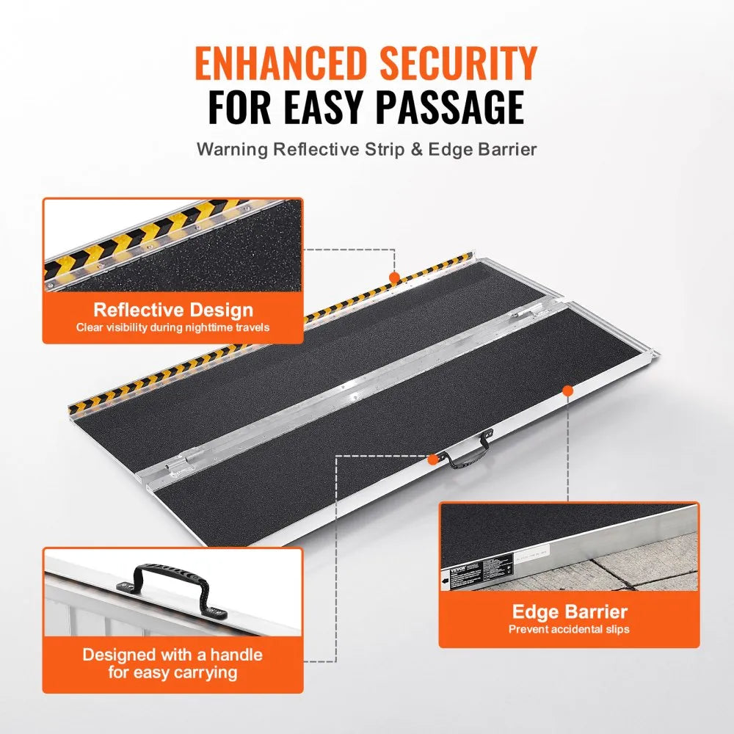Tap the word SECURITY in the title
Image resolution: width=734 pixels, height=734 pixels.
click(460, 63)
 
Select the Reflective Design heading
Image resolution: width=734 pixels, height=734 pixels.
click(172, 310)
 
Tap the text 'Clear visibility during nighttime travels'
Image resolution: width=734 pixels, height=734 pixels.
click(172, 327)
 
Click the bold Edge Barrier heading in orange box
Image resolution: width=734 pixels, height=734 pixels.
click(569, 611)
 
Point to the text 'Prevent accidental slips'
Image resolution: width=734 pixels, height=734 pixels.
click(569, 629)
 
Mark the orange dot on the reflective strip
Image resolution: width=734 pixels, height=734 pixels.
click(394, 277)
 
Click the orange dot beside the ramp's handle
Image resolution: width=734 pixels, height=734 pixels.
click(433, 459)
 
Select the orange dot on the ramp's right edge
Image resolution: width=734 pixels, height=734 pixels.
click(567, 390)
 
